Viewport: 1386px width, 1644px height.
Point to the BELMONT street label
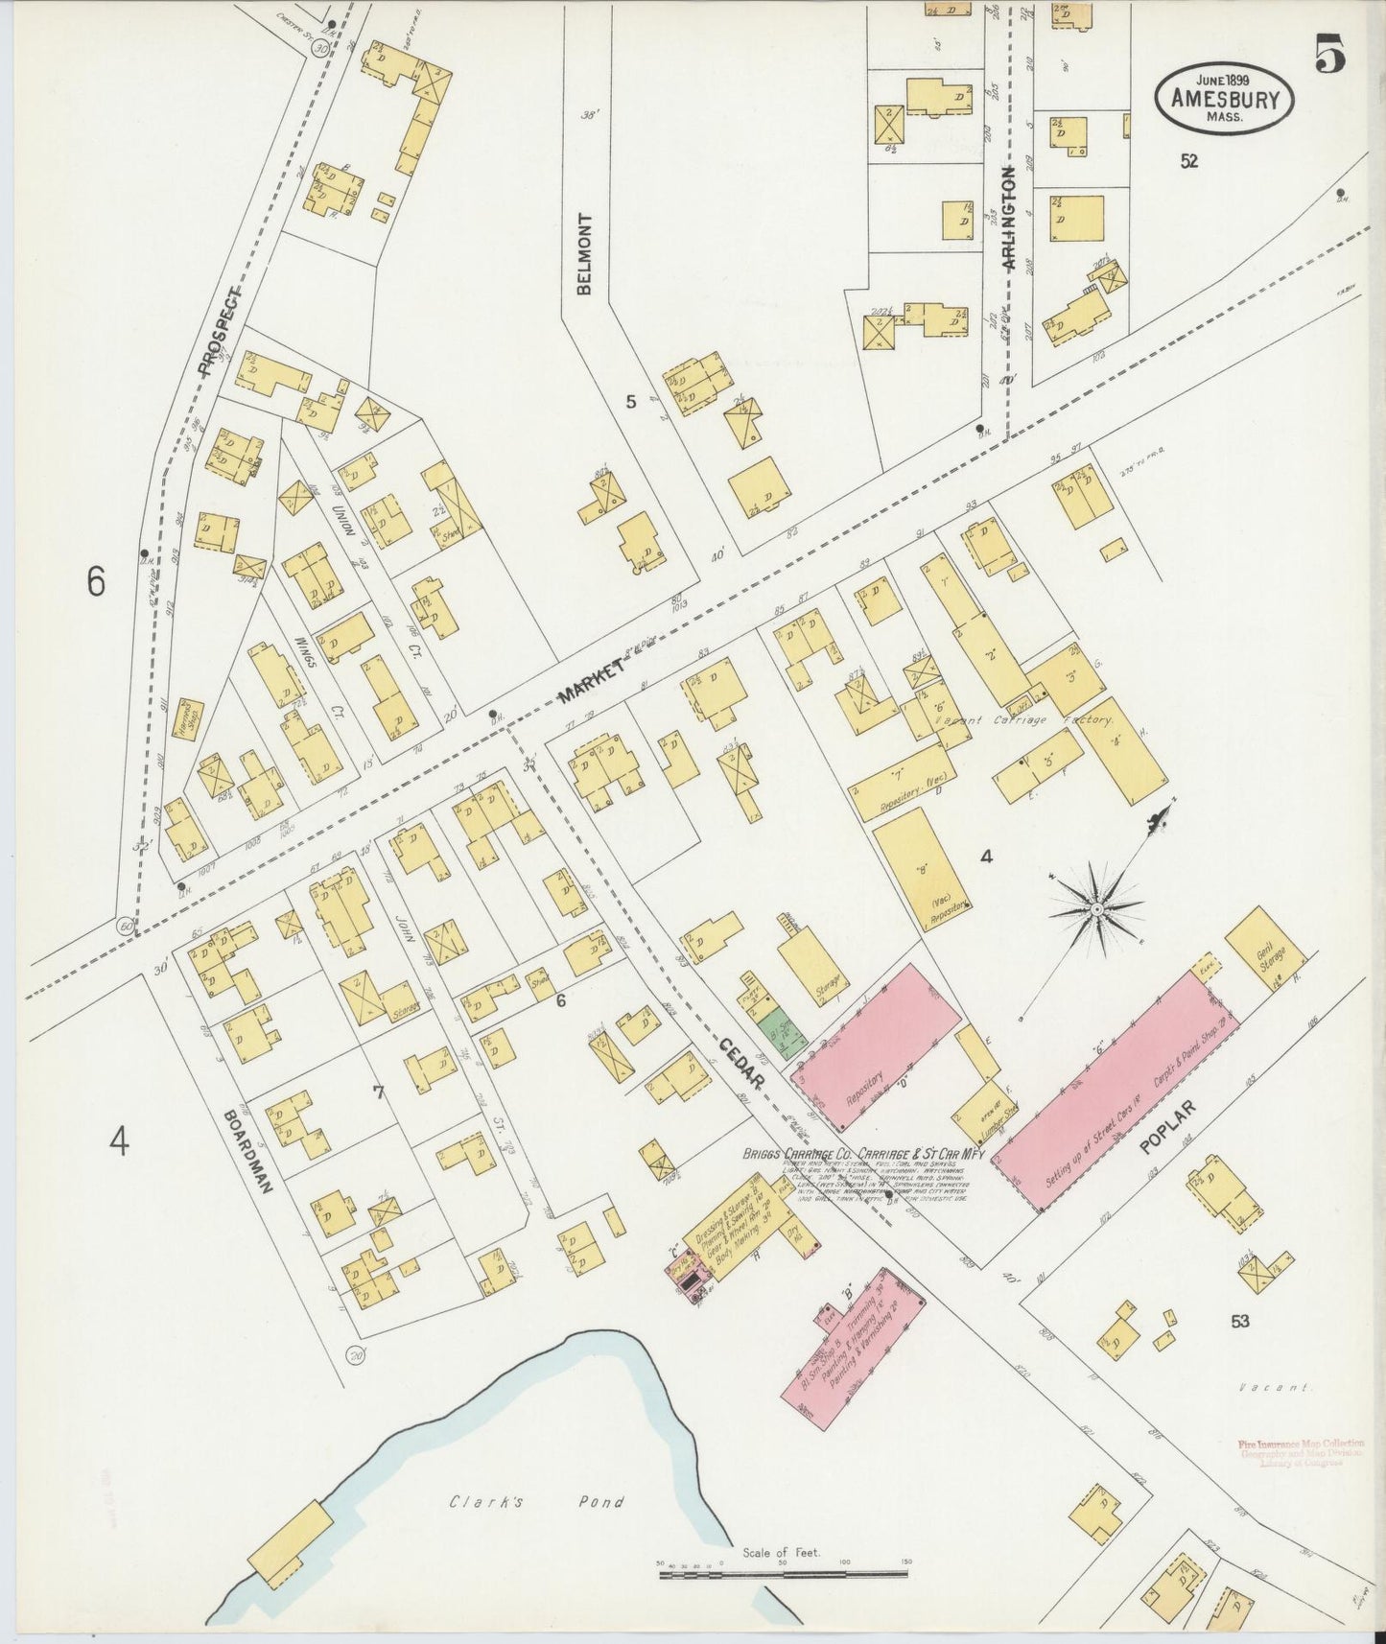584,253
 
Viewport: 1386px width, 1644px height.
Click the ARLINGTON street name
1007,222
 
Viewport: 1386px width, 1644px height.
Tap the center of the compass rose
1095,906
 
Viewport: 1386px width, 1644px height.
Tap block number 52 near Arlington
1188,161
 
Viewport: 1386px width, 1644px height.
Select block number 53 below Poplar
1239,1321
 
